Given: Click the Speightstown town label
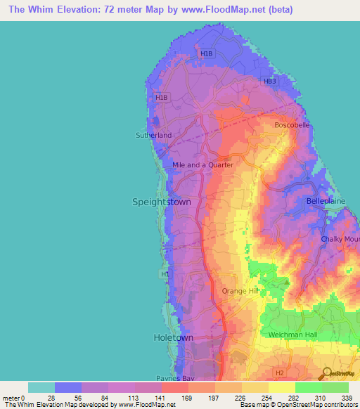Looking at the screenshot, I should point(161,202).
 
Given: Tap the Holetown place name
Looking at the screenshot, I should point(173,338).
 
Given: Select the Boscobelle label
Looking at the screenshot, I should point(291,125).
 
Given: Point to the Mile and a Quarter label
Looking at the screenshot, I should point(202,165).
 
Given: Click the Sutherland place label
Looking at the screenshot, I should point(153,135).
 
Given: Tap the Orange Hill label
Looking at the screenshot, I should point(241,291).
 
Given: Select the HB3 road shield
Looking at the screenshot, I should point(270,82).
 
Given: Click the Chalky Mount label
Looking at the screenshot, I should point(340,240).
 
